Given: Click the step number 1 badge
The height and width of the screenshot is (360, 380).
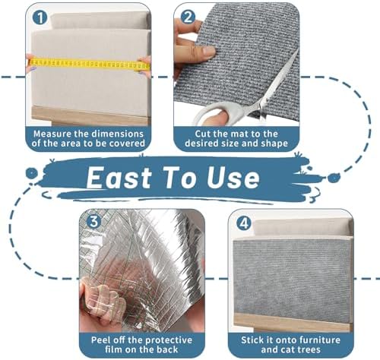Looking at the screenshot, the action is [x=40, y=17].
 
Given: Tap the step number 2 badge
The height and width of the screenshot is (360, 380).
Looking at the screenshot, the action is [x=188, y=17].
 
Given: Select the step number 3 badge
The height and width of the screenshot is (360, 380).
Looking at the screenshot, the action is [x=93, y=222].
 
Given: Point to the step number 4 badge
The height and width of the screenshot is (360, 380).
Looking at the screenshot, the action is [x=244, y=223].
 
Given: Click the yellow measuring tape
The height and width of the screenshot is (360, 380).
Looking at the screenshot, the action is [x=89, y=64].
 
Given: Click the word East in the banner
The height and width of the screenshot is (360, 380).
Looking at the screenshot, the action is [x=119, y=178].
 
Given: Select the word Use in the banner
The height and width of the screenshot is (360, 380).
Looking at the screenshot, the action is [x=233, y=178].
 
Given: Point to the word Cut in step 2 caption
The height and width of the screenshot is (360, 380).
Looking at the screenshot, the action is [x=203, y=134].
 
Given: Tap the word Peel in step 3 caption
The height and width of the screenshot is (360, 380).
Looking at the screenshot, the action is [x=100, y=339].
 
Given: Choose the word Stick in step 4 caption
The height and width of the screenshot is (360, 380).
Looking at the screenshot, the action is [x=252, y=339].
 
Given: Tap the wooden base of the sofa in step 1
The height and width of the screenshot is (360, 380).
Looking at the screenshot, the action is [x=90, y=116].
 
